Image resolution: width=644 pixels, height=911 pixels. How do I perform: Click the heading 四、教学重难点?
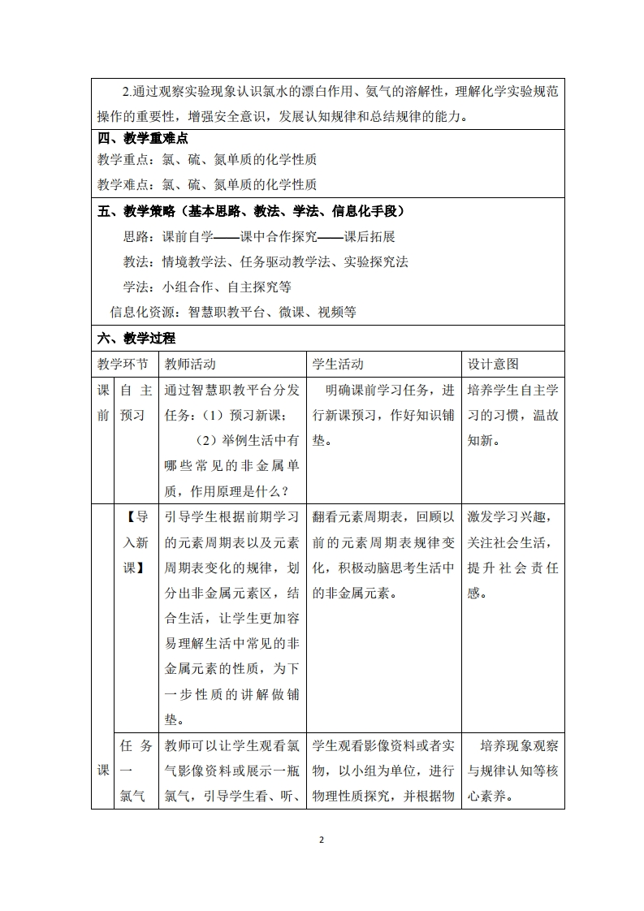click(x=143, y=138)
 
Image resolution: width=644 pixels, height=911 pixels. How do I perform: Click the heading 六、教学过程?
click(x=136, y=338)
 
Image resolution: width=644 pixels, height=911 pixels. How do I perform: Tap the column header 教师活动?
click(x=190, y=364)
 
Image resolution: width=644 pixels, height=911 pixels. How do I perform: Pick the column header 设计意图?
click(x=493, y=364)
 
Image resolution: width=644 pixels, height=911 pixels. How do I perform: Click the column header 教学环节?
click(x=123, y=364)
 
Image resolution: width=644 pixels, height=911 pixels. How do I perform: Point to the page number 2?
click(x=322, y=840)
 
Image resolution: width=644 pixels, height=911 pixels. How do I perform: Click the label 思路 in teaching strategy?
click(x=136, y=237)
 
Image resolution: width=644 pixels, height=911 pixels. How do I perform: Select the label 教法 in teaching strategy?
click(x=136, y=261)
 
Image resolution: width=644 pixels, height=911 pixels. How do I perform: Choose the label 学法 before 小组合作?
click(x=136, y=287)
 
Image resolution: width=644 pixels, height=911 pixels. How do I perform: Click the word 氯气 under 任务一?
click(x=134, y=796)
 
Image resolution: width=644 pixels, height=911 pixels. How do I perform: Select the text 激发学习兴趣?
click(x=507, y=517)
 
